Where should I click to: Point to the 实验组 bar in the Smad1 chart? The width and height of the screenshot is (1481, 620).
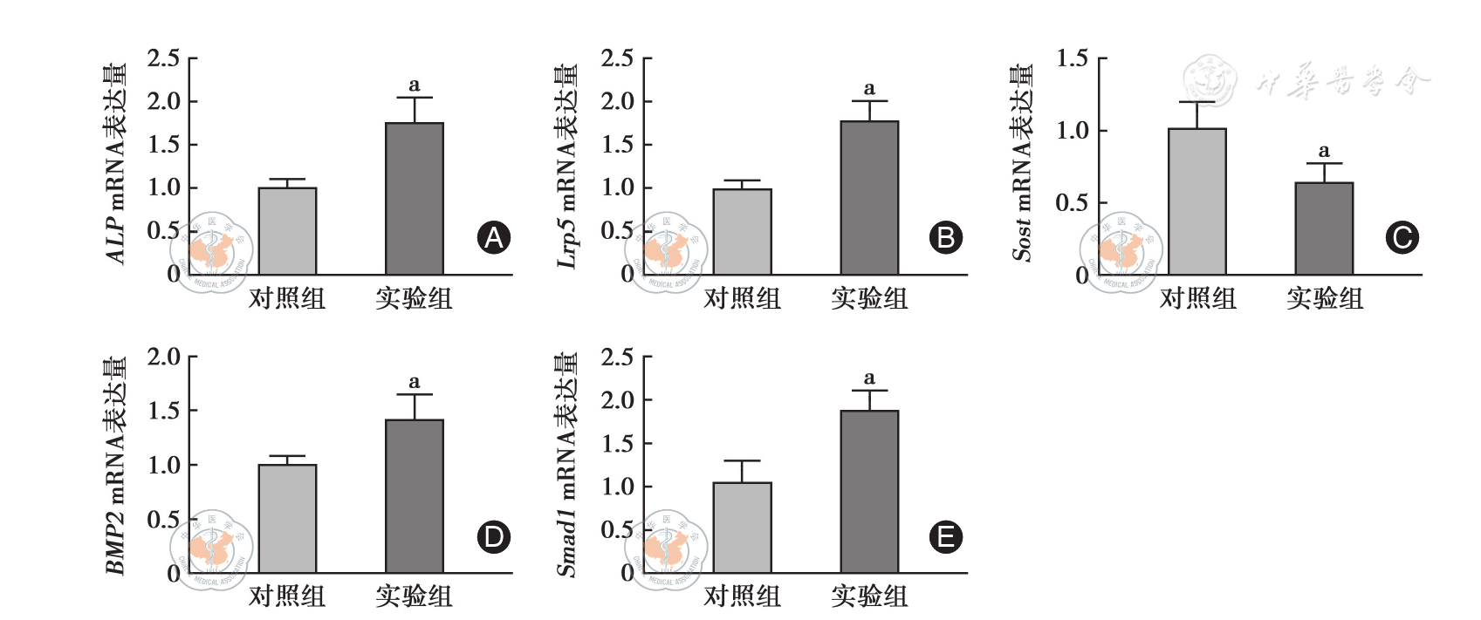point(869,492)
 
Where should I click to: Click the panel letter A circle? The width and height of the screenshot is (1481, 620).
point(494,238)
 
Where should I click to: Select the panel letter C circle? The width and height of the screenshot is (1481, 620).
point(1402,238)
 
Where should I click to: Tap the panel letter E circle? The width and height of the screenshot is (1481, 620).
point(946,537)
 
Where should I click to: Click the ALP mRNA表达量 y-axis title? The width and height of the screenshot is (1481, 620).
point(116,163)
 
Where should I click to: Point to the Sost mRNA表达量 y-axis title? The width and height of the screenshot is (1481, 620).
point(1022,163)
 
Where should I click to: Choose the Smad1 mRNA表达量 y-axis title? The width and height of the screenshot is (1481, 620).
point(568,464)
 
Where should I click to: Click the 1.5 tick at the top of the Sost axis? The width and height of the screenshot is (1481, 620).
point(1072,58)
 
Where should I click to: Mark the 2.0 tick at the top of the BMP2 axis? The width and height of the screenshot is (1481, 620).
point(163,357)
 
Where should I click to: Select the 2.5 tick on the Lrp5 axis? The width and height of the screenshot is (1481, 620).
point(617,58)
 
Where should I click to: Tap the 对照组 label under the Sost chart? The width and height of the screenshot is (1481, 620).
point(1197,298)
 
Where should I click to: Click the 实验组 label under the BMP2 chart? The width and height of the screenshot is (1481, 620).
point(415,596)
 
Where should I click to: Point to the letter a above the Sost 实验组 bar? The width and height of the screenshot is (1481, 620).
point(1324,151)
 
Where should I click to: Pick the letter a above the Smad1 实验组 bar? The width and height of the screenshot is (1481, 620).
point(869,378)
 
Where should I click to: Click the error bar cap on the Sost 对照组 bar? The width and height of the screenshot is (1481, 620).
point(1197,102)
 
